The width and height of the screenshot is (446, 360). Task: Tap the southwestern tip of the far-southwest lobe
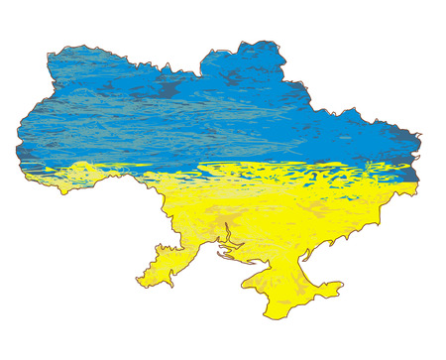(139, 283)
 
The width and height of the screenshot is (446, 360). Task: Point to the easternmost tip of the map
(421, 136)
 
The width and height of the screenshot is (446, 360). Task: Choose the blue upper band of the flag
(198, 109)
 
